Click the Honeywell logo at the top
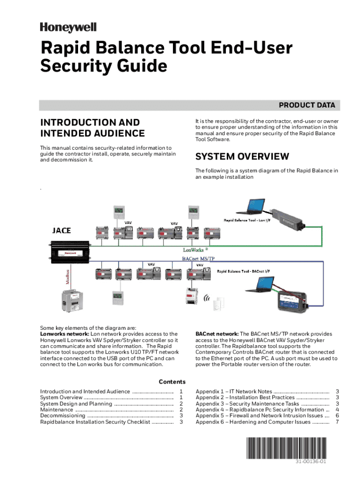tap(68, 28)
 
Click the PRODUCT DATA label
tap(307, 105)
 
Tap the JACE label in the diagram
tap(61, 230)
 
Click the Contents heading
tap(172, 382)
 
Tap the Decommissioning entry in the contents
tap(63, 415)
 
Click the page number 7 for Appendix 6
tap(337, 422)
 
